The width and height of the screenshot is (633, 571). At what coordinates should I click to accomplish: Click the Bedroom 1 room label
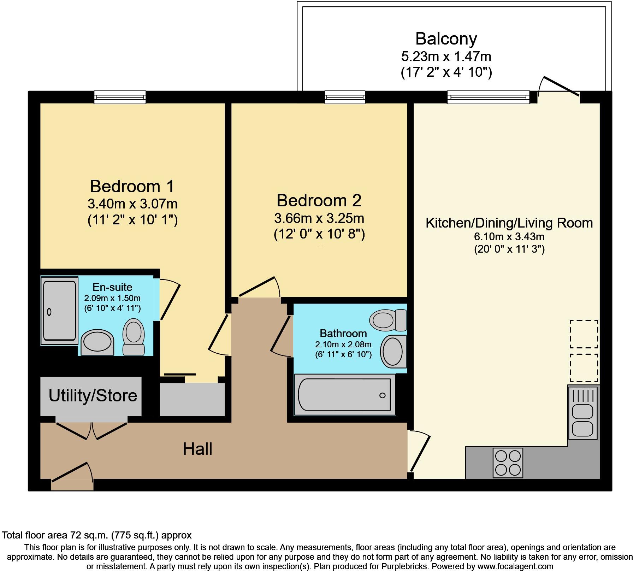pyautogui.click(x=132, y=186)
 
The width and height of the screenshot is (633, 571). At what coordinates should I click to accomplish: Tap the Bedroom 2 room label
pyautogui.click(x=319, y=200)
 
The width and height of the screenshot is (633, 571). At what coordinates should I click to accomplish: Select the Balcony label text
pyautogui.click(x=446, y=39)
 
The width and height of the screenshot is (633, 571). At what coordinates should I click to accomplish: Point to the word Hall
pyautogui.click(x=197, y=449)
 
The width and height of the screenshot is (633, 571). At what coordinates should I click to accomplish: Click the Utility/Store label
pyautogui.click(x=93, y=396)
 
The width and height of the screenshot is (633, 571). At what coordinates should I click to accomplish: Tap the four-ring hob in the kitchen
pyautogui.click(x=508, y=463)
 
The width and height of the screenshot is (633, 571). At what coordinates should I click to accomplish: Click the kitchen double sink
pyautogui.click(x=582, y=413)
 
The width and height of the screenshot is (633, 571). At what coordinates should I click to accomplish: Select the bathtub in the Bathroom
pyautogui.click(x=344, y=394)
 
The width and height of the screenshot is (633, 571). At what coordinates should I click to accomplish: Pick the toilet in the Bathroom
pyautogui.click(x=388, y=320)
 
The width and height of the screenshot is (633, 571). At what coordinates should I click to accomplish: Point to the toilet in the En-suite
pyautogui.click(x=134, y=336)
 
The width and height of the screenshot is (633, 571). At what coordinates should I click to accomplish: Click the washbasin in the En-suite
pyautogui.click(x=97, y=343)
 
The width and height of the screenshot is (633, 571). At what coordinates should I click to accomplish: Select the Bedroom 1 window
pyautogui.click(x=120, y=97)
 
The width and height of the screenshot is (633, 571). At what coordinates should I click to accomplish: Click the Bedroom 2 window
pyautogui.click(x=345, y=97)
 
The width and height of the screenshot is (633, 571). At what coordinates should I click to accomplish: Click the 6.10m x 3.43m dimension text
pyautogui.click(x=509, y=236)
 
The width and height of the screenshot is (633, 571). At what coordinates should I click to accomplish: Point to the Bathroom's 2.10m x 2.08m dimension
pyautogui.click(x=343, y=344)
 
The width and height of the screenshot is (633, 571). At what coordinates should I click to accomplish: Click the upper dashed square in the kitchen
pyautogui.click(x=584, y=334)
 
